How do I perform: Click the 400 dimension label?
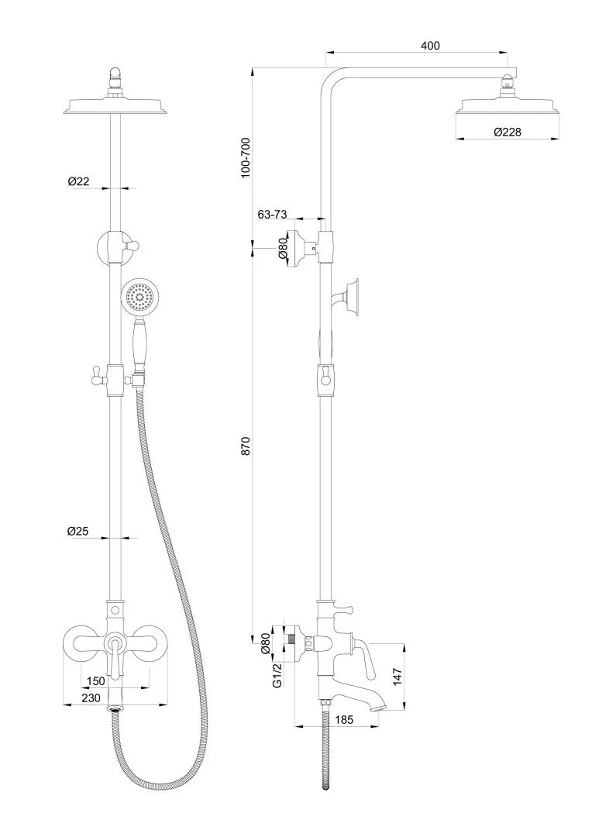point(430,46)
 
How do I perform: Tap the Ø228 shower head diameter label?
point(508,132)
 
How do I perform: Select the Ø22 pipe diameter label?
point(79,181)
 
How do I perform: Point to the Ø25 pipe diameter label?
point(79,531)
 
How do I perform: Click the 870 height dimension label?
point(246,447)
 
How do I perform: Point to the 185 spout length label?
point(344,719)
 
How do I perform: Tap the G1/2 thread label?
point(276,676)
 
